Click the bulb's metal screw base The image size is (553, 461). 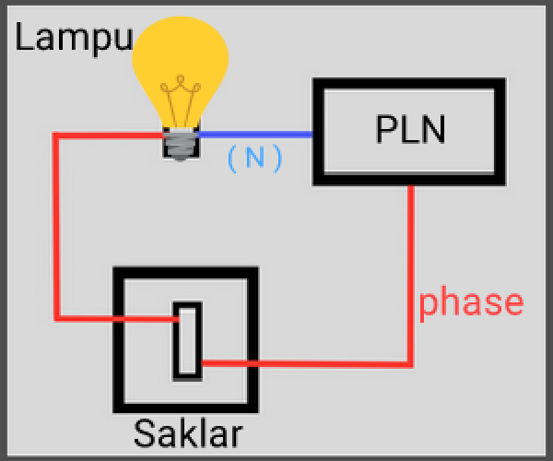tap(181, 144)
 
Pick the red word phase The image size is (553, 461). tap(471, 302)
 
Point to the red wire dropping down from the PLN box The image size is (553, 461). tap(411, 258)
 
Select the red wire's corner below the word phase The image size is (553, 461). tap(411, 363)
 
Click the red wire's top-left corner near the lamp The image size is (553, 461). tap(56, 136)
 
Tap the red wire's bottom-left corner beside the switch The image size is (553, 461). tap(56, 319)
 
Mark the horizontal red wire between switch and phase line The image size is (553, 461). tap(304, 363)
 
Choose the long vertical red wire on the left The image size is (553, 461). tap(56, 230)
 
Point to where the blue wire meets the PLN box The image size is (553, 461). tap(313, 135)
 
